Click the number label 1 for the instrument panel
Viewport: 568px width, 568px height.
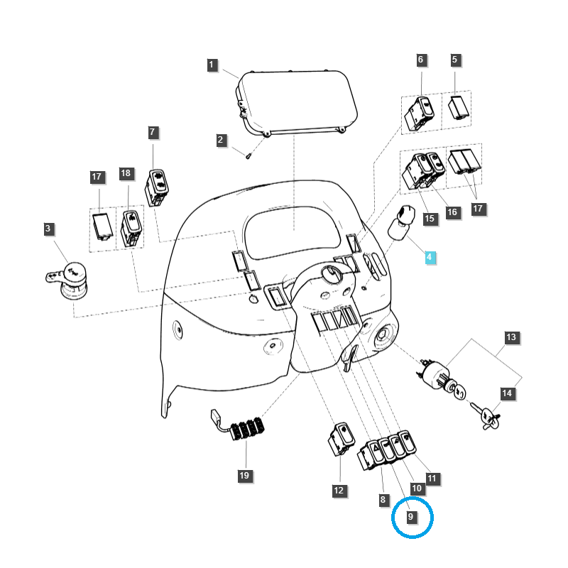point(212,65)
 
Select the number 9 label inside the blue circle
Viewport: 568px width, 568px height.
point(411,517)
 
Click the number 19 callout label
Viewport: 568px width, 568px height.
point(244,475)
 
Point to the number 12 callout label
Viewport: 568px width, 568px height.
point(339,490)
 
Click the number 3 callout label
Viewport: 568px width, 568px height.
point(48,229)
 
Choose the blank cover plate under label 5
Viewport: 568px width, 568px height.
point(458,109)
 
